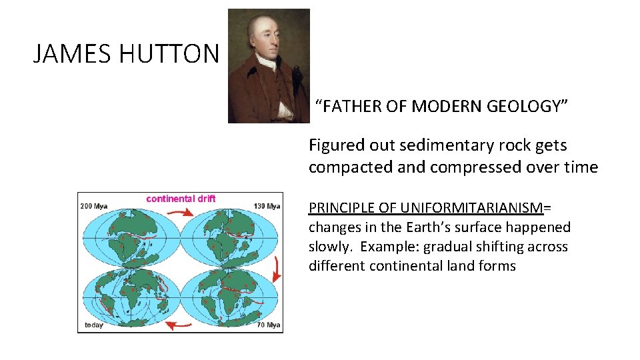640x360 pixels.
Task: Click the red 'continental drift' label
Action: click(x=181, y=198)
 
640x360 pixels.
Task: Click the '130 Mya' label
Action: click(x=267, y=206)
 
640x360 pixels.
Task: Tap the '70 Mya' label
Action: click(x=269, y=325)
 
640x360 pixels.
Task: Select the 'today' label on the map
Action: click(x=93, y=325)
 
